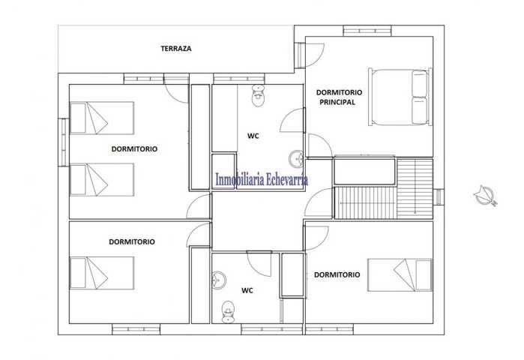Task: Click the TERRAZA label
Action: click(176, 49)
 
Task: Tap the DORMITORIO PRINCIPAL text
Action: click(339, 97)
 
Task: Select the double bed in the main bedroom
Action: click(400, 97)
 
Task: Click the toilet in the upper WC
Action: click(258, 95)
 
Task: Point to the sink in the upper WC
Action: click(296, 158)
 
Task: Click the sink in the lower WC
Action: click(219, 280)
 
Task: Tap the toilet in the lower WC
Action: click(228, 312)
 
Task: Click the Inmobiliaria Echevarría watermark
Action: click(262, 179)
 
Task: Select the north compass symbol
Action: click(486, 195)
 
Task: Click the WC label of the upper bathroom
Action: click(253, 136)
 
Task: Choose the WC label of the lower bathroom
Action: click(247, 290)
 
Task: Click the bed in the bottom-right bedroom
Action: click(400, 274)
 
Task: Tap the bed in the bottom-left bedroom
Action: click(102, 273)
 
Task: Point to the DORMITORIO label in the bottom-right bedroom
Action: click(337, 274)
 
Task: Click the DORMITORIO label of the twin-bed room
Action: click(134, 149)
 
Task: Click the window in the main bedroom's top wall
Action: click(367, 31)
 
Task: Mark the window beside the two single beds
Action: click(64, 142)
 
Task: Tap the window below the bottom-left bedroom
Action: click(136, 329)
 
